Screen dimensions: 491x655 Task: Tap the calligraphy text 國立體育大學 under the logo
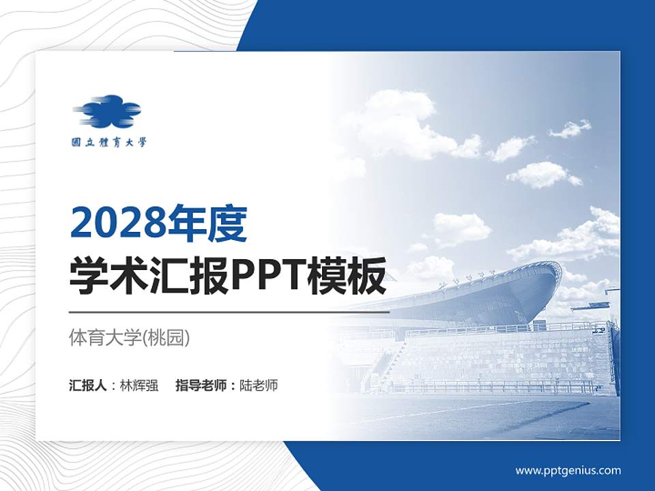pos(109,143)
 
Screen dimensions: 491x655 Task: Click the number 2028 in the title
pos(116,223)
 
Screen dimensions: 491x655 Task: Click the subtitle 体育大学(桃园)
pos(130,338)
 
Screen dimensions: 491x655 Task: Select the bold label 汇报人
pos(88,385)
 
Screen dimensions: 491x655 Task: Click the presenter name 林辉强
pos(139,385)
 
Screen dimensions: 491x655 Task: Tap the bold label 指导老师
pos(202,385)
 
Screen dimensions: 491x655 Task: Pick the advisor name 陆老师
pos(259,385)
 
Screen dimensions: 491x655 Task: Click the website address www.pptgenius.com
pos(568,470)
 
